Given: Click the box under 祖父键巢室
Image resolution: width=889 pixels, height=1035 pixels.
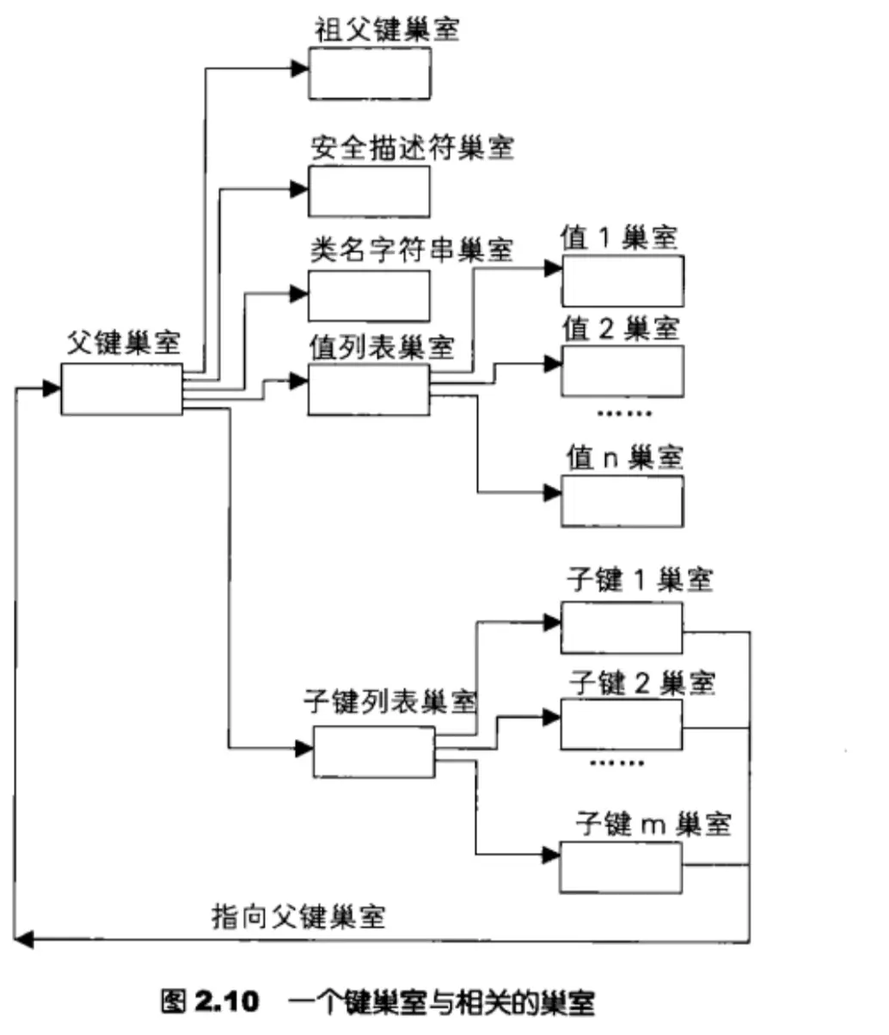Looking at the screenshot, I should click(370, 73).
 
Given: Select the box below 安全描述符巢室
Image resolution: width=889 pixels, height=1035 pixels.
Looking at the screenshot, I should click(370, 191).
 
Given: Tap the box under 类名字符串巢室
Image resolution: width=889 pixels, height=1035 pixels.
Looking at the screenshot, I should click(370, 297).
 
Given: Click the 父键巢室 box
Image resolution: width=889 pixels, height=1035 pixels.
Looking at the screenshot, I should click(121, 389).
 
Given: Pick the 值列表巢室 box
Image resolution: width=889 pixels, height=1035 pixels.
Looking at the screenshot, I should click(369, 389).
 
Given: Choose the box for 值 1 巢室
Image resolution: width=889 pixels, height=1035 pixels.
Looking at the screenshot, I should click(622, 280).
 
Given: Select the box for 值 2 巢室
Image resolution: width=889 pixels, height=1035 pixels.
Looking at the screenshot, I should click(622, 371).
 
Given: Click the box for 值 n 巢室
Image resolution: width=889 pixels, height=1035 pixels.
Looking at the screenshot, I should click(622, 500).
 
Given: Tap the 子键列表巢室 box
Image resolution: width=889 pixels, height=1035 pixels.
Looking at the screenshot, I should click(373, 751).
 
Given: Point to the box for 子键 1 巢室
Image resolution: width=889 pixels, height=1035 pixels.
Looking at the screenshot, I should click(622, 628).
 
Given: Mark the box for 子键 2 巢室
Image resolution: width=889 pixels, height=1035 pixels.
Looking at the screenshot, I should click(622, 724).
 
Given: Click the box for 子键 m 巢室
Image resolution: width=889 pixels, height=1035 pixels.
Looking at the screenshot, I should click(620, 867).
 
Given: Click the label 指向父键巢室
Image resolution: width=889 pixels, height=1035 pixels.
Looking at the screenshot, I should click(298, 916).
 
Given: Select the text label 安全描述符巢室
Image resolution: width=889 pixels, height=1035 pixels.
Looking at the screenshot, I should click(413, 148).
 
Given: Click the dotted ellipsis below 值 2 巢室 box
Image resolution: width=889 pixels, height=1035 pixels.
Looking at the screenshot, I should click(624, 413).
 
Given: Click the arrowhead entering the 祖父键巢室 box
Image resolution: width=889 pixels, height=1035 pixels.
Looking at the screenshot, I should click(300, 69).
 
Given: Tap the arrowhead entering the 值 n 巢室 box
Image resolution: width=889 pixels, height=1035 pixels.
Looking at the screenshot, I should click(552, 493).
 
